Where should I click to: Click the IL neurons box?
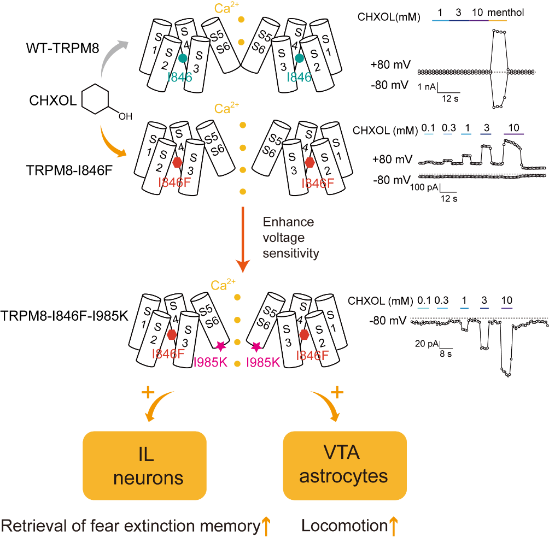tap(144, 465)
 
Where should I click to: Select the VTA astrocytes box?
tap(344, 465)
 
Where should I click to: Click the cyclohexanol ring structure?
tap(95, 99)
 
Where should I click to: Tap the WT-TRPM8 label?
tap(63, 48)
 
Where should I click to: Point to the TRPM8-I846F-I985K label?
tap(65, 316)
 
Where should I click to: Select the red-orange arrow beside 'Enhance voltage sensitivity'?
tap(243, 240)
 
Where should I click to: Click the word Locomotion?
tap(344, 526)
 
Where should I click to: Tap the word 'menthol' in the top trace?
tap(506, 13)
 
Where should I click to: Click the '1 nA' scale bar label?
tap(427, 87)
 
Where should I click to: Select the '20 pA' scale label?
tap(427, 344)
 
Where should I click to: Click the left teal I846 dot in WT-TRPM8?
tap(183, 58)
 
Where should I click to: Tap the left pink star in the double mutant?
tap(220, 346)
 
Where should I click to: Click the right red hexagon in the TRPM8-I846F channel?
tap(309, 162)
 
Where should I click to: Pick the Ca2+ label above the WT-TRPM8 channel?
tap(226, 8)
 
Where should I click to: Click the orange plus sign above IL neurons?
tap(148, 392)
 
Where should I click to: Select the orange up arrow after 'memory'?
tap(266, 526)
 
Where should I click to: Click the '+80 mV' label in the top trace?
tap(390, 64)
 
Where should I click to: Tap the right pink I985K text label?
tap(263, 362)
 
